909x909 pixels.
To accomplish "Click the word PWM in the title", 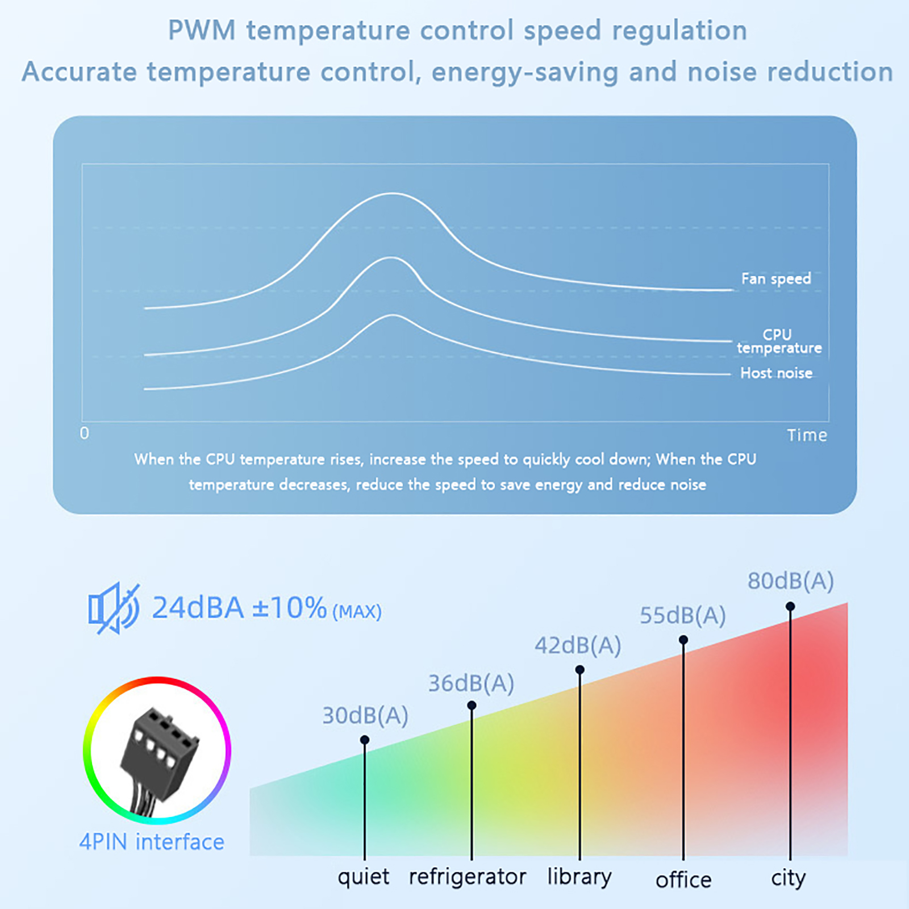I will (202, 31).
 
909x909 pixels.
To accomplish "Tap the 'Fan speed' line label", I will (776, 278).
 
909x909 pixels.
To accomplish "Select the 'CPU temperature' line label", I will (779, 341).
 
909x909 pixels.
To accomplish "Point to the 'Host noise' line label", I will (776, 373).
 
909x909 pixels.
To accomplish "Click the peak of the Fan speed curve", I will (393, 194).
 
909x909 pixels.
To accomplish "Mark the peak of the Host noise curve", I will (393, 316).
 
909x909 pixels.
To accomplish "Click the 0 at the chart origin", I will (85, 433).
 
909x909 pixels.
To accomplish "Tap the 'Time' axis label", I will (807, 435).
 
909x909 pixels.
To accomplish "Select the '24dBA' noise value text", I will (198, 608).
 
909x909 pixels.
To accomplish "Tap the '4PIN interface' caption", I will (152, 842).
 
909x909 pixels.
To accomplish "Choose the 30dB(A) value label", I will (365, 716).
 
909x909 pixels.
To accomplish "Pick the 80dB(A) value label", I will (790, 581).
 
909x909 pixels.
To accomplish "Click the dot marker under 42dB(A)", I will (579, 670).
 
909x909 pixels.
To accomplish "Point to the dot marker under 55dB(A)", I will (683, 640).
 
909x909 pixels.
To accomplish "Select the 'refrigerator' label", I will (468, 877).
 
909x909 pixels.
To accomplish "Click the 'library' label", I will (579, 877).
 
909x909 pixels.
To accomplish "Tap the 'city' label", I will (789, 878).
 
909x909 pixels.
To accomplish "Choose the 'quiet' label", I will (364, 877).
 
